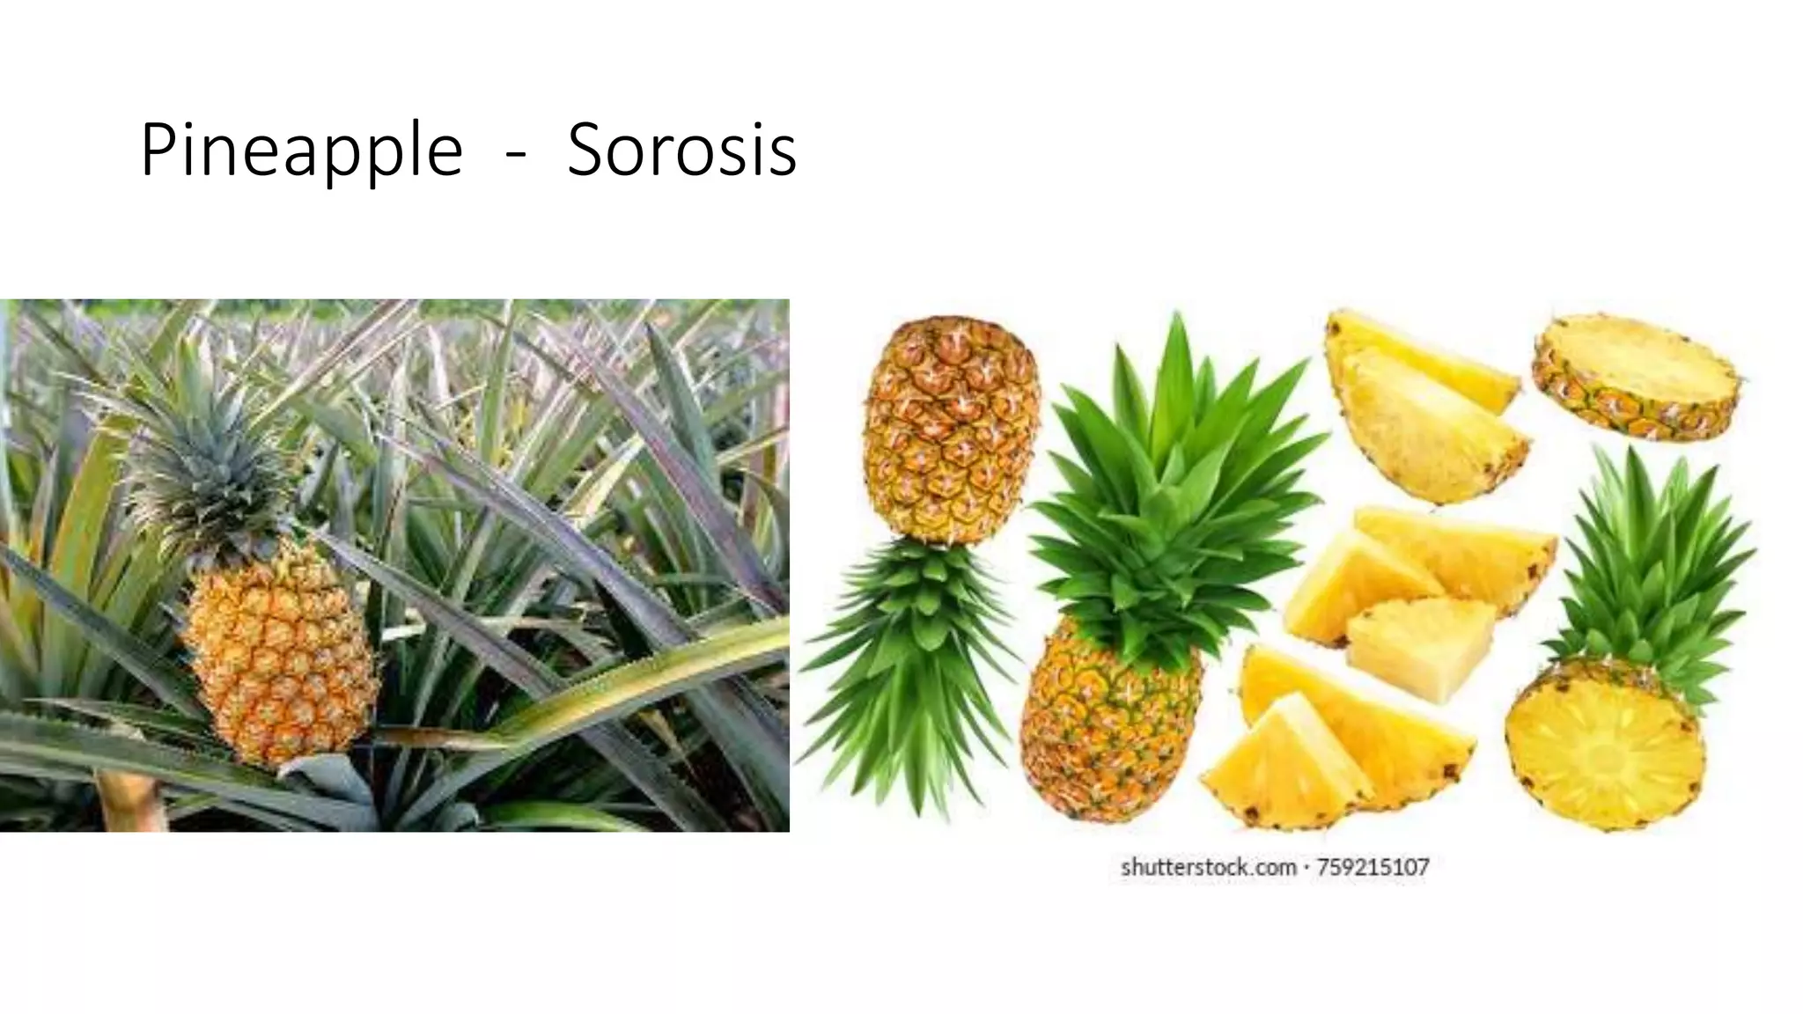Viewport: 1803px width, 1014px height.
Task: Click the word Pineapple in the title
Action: click(301, 151)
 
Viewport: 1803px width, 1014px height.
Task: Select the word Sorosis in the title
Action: click(681, 151)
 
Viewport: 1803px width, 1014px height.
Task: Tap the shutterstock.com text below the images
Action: click(1208, 868)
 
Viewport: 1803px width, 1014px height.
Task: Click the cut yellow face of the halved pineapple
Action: click(1604, 757)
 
